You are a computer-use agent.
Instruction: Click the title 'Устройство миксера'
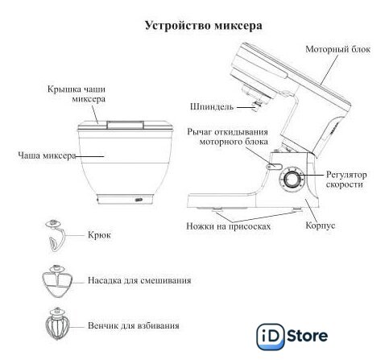click(x=204, y=26)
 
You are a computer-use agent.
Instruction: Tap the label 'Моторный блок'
click(x=338, y=49)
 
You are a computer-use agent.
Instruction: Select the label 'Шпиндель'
click(x=212, y=107)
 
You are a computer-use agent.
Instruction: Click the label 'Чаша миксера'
click(x=47, y=155)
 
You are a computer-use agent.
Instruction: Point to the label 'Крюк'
click(x=99, y=235)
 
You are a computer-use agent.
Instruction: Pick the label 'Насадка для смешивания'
click(x=139, y=280)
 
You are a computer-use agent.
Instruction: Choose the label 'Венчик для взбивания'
click(x=134, y=325)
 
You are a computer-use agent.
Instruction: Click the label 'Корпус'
click(x=321, y=226)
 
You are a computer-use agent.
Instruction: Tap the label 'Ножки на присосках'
click(x=229, y=226)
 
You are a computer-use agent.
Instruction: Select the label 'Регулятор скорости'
click(x=346, y=180)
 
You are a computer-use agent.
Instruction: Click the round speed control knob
click(x=292, y=180)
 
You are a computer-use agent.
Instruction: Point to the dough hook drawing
click(x=55, y=236)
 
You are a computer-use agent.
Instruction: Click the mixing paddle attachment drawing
click(x=57, y=281)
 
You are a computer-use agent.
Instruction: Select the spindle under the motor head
click(x=258, y=104)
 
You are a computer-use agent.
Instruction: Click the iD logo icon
click(x=271, y=337)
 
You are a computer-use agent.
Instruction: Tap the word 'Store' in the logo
click(x=308, y=336)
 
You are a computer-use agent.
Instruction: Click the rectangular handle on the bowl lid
click(x=125, y=125)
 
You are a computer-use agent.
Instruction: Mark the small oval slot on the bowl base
click(x=139, y=200)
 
